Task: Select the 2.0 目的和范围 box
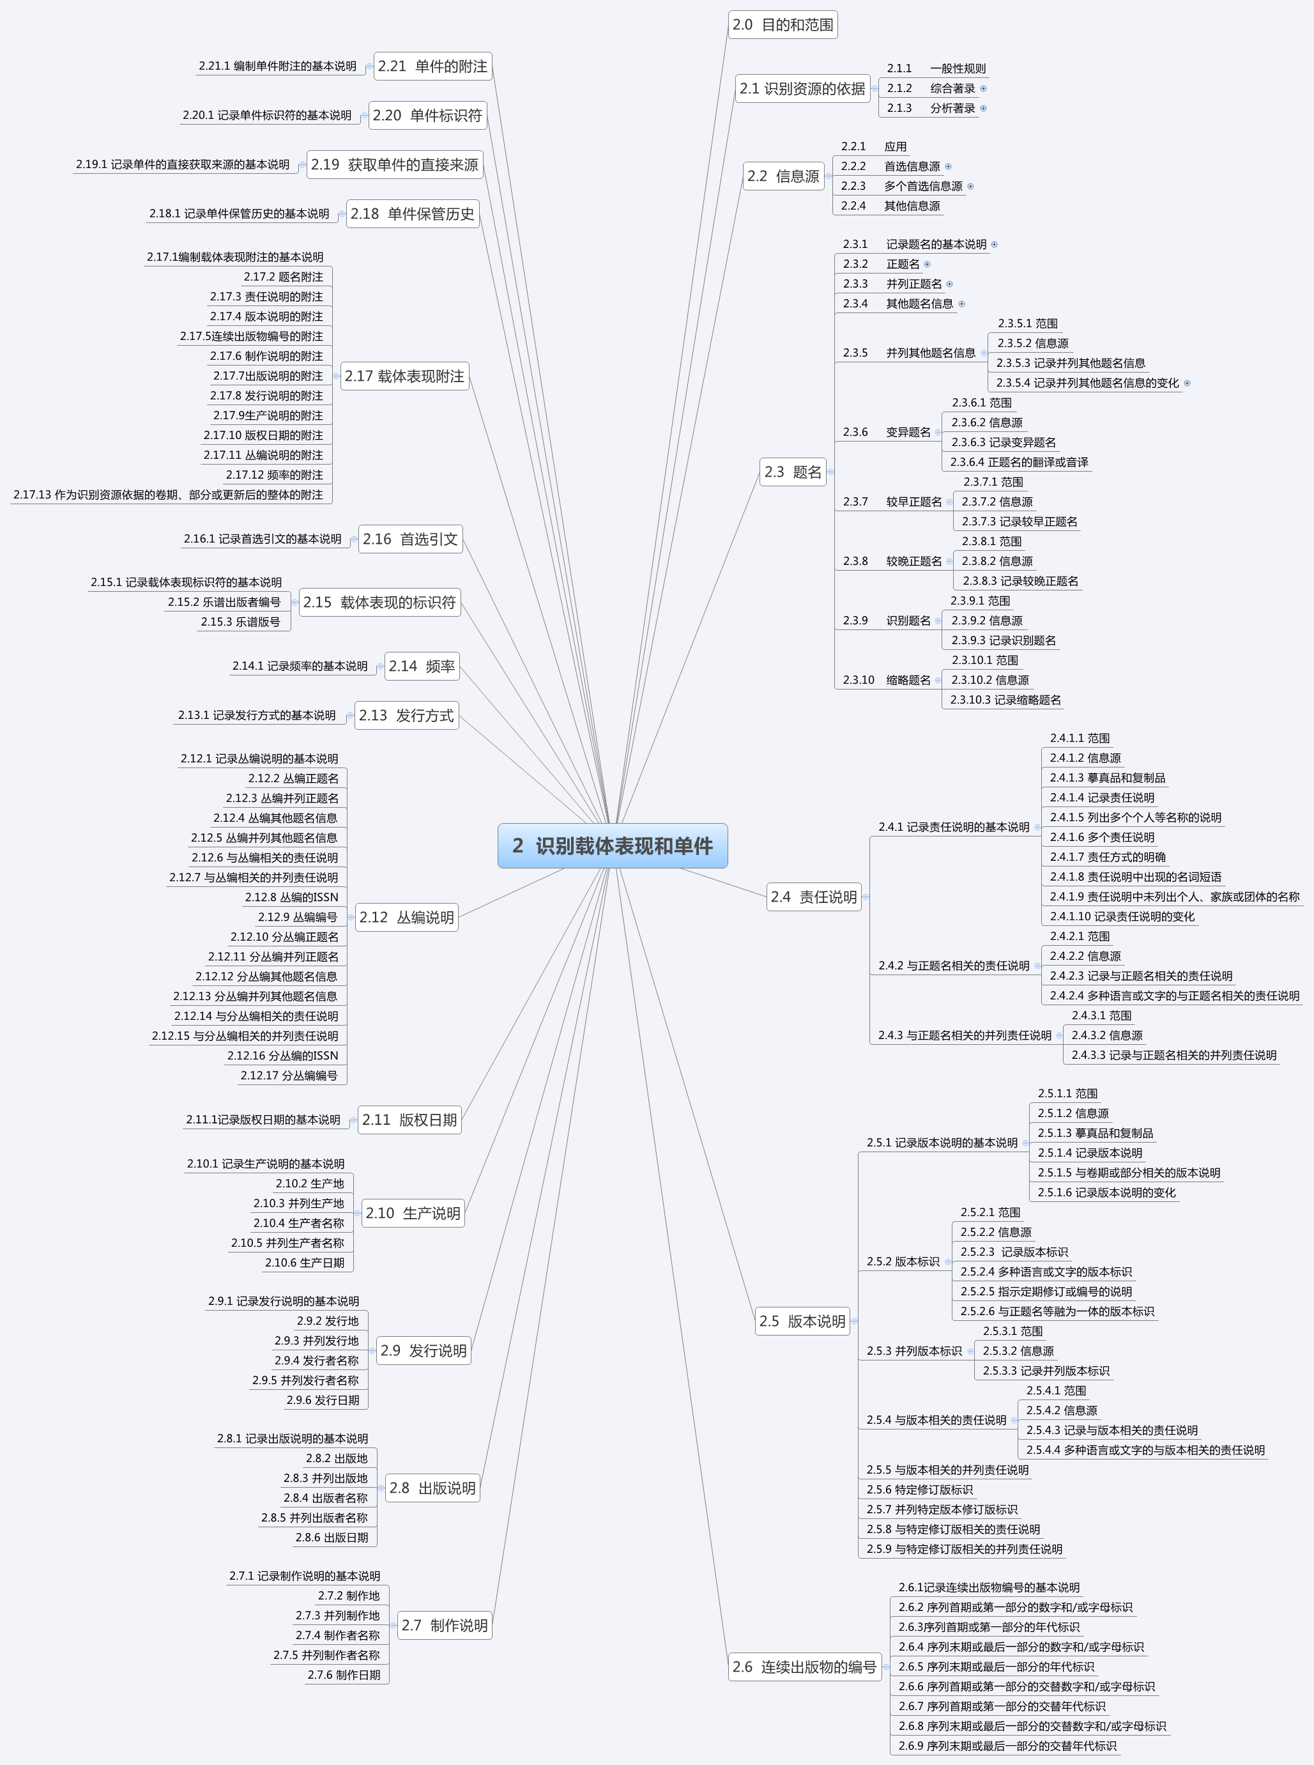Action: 783,25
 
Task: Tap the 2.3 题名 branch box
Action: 792,472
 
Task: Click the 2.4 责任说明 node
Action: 813,897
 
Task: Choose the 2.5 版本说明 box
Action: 802,1321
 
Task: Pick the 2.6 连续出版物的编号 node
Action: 804,1667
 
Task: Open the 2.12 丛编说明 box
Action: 406,917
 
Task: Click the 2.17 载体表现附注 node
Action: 404,376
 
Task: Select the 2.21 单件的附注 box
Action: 432,66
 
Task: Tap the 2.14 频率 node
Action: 422,666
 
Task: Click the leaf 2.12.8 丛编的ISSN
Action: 291,897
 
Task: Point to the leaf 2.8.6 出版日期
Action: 332,1538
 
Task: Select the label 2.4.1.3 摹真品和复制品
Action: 1107,778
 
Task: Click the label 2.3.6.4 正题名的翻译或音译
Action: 1019,461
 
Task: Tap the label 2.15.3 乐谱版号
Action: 240,622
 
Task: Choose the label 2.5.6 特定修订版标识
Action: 919,1490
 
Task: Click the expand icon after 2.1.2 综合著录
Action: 984,88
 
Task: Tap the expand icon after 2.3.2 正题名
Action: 928,264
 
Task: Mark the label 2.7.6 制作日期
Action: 344,1674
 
